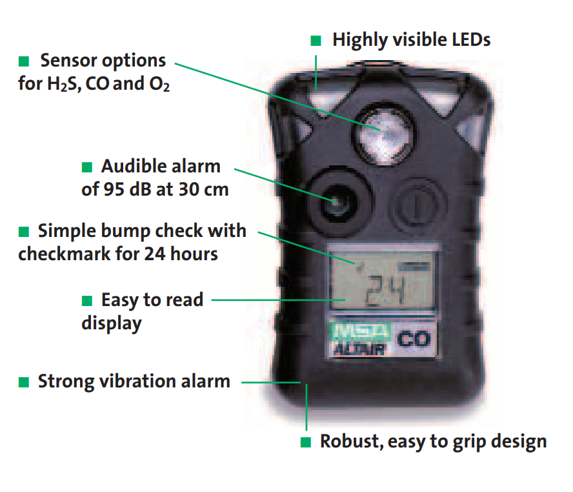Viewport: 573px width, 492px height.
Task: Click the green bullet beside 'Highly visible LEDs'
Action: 316,40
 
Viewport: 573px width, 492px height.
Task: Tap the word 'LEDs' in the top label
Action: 471,39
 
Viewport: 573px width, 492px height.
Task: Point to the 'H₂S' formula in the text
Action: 62,84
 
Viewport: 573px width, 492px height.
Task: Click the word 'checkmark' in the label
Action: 65,254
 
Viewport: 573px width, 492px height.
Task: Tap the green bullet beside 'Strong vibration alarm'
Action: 24,382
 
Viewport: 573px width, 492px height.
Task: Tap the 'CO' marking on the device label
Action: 414,339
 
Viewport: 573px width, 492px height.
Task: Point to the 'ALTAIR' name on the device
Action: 359,349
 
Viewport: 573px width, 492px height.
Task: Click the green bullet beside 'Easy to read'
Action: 87,301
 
